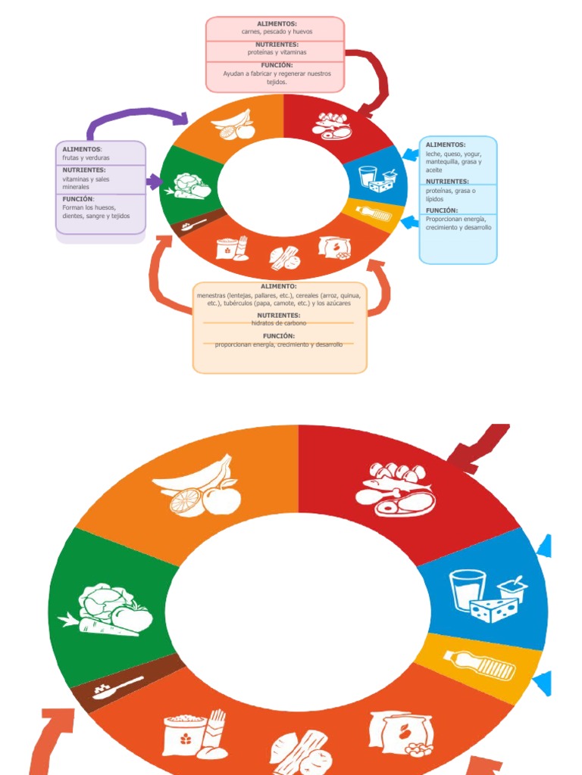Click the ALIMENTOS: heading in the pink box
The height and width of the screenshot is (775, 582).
277,24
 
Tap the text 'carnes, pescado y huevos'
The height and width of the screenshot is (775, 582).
277,32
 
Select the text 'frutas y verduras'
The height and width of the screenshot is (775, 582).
86,157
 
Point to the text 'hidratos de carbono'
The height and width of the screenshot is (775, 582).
279,323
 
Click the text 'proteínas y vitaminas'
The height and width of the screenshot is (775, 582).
277,52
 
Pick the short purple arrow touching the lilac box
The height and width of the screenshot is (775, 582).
154,182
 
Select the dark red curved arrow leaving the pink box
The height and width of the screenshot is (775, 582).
375,79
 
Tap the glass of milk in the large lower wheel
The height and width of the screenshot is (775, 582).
468,590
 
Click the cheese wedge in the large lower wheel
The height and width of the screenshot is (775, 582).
494,608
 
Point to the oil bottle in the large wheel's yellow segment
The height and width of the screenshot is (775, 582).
479,664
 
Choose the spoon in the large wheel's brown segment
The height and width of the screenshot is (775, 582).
119,687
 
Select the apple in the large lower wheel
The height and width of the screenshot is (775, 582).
221,499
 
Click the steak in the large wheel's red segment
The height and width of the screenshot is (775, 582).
406,503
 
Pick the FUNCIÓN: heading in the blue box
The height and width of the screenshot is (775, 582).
441,210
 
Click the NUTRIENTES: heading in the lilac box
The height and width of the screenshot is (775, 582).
84,170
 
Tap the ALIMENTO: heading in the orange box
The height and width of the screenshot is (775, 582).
279,286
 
